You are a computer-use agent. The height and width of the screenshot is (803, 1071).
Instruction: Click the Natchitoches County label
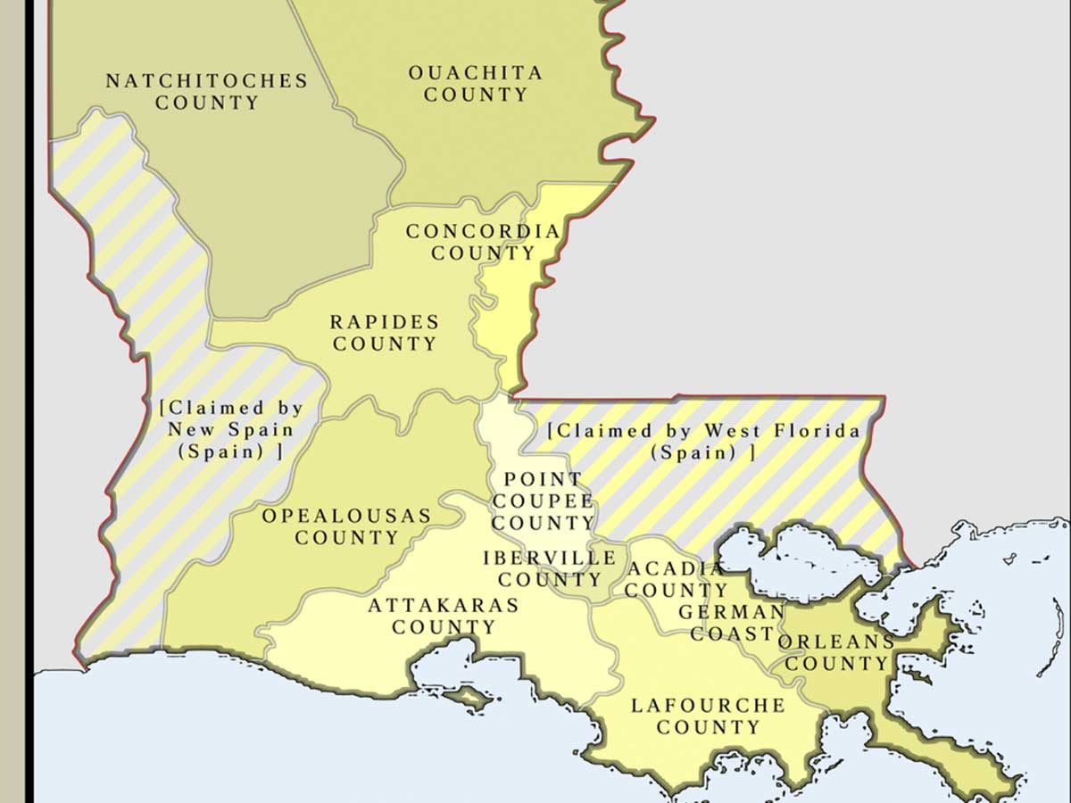point(207,92)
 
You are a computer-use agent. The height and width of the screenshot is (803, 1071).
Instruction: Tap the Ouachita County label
point(476,84)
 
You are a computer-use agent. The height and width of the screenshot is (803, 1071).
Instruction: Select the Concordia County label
point(483,242)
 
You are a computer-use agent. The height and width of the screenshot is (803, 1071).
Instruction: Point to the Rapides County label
point(385,333)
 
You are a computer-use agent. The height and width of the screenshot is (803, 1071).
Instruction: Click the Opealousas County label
point(346,526)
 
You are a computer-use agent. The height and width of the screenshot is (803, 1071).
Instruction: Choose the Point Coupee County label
point(543,501)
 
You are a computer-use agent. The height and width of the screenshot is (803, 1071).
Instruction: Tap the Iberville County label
point(549,569)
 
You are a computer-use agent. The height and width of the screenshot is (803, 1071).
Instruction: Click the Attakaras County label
point(444,616)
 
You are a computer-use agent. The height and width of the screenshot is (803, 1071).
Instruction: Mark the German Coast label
point(732,623)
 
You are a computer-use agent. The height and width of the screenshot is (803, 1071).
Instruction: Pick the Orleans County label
point(836,652)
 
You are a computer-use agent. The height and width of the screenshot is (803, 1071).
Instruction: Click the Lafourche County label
point(708,716)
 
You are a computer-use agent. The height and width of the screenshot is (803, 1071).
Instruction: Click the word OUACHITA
point(476,73)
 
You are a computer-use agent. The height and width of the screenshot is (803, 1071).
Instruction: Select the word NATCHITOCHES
point(207,81)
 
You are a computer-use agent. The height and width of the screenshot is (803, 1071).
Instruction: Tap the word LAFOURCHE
point(708,706)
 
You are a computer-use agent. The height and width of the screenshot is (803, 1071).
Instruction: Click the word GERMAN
point(731,612)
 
